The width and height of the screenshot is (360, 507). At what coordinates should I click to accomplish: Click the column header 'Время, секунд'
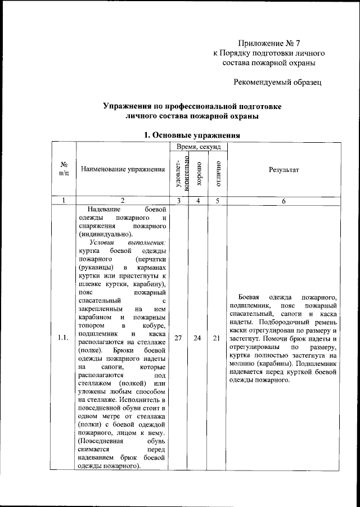click(x=198, y=146)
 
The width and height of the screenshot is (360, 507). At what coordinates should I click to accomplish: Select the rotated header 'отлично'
click(x=217, y=173)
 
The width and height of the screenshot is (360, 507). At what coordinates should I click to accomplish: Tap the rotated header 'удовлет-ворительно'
click(x=179, y=173)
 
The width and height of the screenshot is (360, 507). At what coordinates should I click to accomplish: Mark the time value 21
click(x=217, y=338)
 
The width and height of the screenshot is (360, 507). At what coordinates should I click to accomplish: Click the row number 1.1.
click(x=64, y=338)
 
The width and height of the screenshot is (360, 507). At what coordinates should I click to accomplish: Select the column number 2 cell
click(x=122, y=201)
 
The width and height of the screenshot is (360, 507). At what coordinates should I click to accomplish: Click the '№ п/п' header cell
click(x=64, y=169)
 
